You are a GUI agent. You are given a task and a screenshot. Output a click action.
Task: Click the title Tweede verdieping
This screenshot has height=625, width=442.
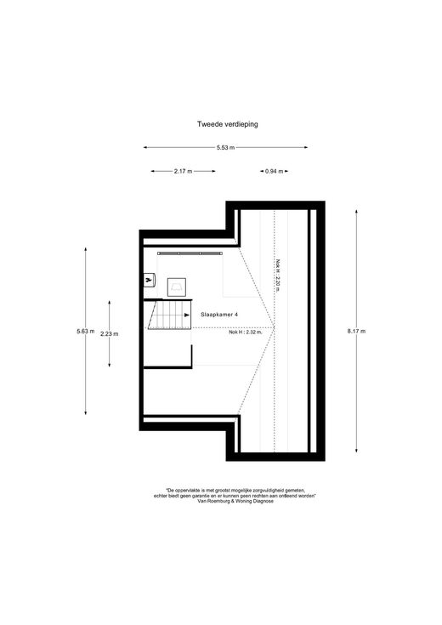coord(227,124)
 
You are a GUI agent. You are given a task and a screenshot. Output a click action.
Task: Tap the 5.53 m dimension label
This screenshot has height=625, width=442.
coord(225,147)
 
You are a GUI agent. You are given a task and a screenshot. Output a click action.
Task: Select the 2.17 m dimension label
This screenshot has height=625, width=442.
coord(183,172)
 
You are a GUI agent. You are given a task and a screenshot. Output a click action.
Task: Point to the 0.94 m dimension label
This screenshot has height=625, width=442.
coord(275,172)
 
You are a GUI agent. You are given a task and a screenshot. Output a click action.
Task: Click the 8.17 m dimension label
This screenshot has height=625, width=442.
coord(356,331)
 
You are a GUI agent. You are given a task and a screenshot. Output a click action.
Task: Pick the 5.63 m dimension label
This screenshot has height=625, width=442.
coord(86,331)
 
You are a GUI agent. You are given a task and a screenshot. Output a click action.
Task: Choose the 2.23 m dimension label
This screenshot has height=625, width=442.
coord(109,334)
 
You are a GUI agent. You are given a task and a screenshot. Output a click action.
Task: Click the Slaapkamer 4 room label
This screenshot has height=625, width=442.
coord(219,315)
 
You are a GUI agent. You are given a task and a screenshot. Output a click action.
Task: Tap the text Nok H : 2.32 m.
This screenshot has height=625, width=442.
coord(246,332)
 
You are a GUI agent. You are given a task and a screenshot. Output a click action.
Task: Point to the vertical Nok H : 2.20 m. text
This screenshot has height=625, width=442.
coord(278,276)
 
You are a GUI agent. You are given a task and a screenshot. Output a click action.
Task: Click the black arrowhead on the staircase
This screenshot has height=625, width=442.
coord(187,315)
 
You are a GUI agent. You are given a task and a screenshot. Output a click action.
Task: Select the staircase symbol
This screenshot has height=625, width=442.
coord(169,315)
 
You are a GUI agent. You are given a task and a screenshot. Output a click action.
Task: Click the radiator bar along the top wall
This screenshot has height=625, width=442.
coord(190,253)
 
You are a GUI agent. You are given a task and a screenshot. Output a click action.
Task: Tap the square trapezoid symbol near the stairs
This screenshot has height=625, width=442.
coord(176,287)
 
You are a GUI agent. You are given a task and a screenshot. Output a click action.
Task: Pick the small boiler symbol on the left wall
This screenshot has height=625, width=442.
coord(149,281)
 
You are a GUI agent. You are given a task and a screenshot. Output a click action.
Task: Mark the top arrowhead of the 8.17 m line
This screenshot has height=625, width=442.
coord(356,211)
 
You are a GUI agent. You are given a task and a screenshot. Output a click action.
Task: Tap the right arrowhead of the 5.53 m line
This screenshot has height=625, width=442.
coord(306,147)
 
